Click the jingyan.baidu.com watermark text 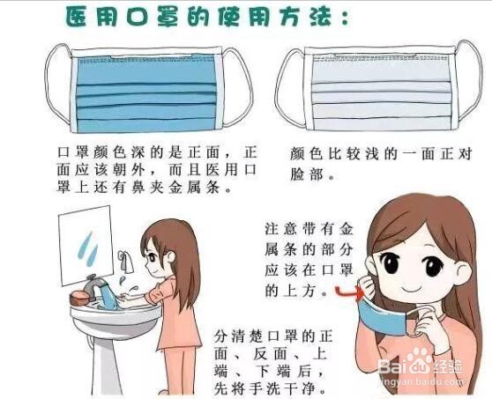pyautogui.click(x=423, y=384)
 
